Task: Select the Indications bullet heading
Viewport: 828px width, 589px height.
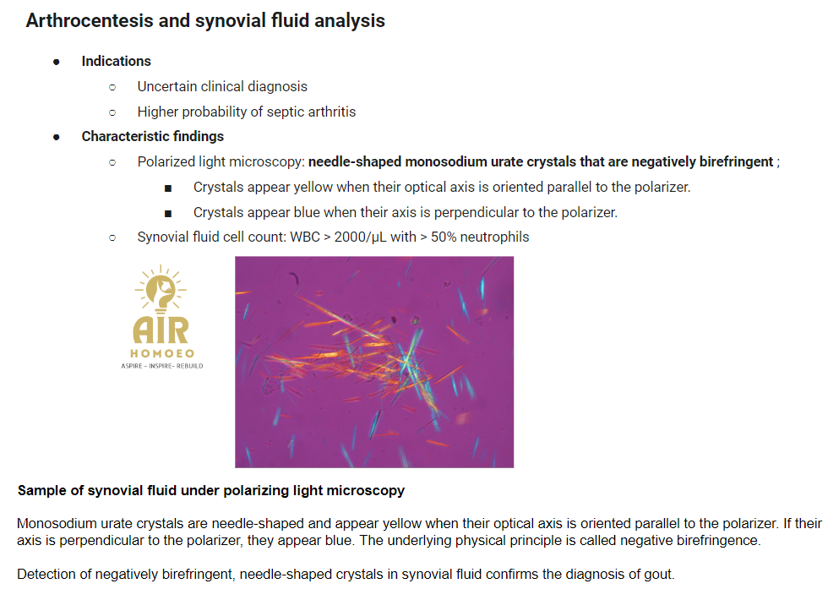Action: [117, 62]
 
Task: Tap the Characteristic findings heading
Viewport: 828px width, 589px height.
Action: [153, 136]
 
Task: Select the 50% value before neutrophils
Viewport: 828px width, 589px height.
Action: [444, 237]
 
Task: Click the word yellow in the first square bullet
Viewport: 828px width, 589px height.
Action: [313, 187]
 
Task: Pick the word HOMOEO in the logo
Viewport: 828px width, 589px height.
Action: [162, 353]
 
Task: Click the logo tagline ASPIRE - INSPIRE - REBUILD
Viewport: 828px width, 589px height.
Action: [162, 366]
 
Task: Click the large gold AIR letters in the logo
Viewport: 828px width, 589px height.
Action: [161, 330]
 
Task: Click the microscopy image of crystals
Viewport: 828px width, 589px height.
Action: [374, 362]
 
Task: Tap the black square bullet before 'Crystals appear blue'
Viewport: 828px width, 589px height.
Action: [168, 214]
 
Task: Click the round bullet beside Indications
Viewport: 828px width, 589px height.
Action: [57, 63]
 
